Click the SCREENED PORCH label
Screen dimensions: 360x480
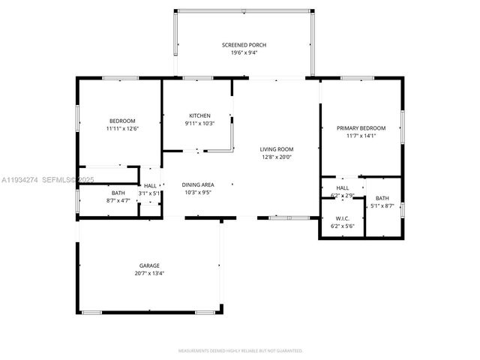pyautogui.click(x=244, y=45)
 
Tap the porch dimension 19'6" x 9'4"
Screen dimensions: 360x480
pyautogui.click(x=244, y=53)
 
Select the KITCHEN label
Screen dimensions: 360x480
pyautogui.click(x=199, y=115)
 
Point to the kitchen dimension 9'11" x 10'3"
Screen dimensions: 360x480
pyautogui.click(x=199, y=123)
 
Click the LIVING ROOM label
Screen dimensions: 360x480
pyautogui.click(x=276, y=148)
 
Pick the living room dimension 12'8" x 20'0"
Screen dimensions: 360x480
pyautogui.click(x=276, y=157)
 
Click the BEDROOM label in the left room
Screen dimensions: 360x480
pyautogui.click(x=122, y=121)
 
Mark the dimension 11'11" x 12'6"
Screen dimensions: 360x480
pyautogui.click(x=122, y=129)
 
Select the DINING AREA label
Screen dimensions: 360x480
pyautogui.click(x=198, y=184)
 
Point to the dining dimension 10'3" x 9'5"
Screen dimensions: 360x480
pyautogui.click(x=198, y=193)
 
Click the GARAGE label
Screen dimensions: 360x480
pyautogui.click(x=148, y=265)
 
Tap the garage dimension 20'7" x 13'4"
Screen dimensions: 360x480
pyautogui.click(x=148, y=273)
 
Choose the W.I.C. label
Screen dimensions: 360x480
pyautogui.click(x=342, y=218)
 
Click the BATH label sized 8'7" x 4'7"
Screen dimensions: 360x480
pyautogui.click(x=118, y=193)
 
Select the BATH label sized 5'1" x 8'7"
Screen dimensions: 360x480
pyautogui.click(x=382, y=198)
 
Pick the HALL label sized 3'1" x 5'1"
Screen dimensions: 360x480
pyautogui.click(x=150, y=185)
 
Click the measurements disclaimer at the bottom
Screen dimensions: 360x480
pyautogui.click(x=240, y=350)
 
